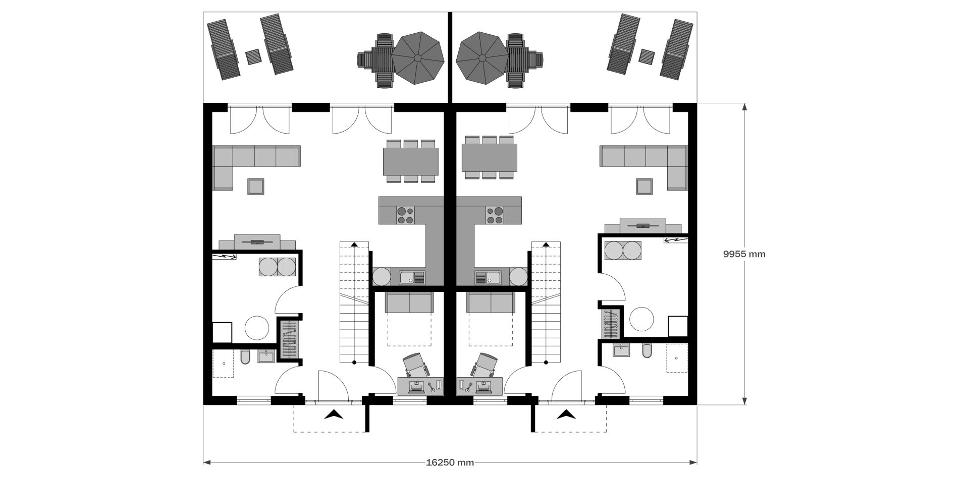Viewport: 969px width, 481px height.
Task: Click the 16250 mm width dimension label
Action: point(450,462)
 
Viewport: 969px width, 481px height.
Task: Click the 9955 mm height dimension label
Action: point(744,254)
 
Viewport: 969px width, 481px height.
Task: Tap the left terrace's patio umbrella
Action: point(418,58)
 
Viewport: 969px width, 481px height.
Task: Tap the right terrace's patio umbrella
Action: point(482,58)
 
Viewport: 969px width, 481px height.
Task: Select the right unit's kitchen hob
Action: point(495,215)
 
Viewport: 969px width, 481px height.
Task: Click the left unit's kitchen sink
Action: point(412,277)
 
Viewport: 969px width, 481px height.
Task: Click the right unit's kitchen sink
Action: point(488,277)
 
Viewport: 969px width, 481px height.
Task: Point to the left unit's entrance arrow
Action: point(334,414)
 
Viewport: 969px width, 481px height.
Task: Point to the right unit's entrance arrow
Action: point(566,414)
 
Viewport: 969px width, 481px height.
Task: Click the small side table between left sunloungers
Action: point(253,56)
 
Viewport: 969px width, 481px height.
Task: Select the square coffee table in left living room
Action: point(255,187)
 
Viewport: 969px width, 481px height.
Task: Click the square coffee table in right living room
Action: point(644,187)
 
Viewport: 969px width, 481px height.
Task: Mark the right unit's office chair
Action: point(484,365)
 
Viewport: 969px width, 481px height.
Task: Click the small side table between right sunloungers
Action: point(647,56)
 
